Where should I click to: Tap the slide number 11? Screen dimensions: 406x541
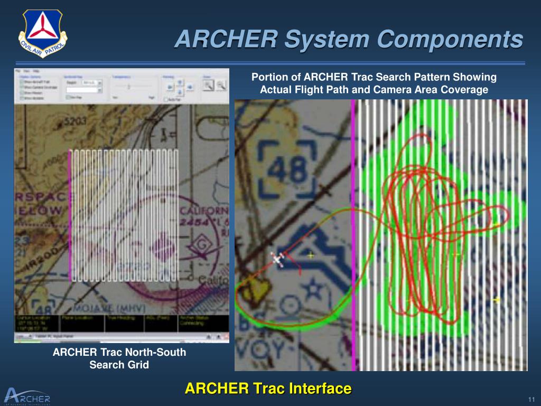531,398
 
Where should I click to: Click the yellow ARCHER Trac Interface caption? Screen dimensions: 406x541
268,389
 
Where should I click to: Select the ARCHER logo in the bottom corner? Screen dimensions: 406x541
27,395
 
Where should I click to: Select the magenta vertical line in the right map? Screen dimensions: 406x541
353,233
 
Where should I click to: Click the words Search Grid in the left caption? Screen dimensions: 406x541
119,365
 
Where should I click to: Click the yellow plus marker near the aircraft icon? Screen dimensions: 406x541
311,255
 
